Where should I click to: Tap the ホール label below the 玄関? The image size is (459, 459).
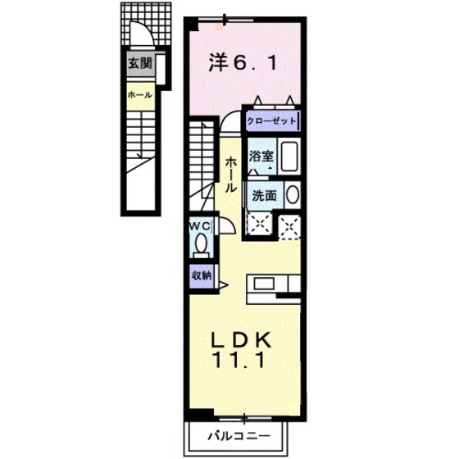[x=138, y=96]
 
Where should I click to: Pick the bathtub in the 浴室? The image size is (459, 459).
[x=289, y=155]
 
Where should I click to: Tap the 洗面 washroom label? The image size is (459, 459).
[x=264, y=196]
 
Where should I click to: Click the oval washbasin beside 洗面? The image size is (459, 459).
[x=293, y=196]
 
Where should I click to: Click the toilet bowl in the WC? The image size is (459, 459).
[x=201, y=244]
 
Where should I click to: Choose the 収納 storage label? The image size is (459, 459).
[x=201, y=276]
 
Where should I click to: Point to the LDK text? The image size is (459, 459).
[x=243, y=340]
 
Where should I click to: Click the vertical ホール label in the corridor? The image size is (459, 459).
[x=232, y=174]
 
